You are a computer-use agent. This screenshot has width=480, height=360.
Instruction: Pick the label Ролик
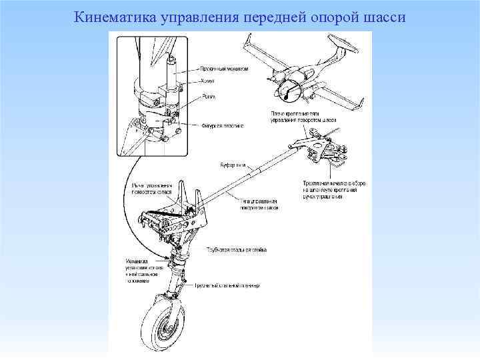[x=207, y=95]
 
